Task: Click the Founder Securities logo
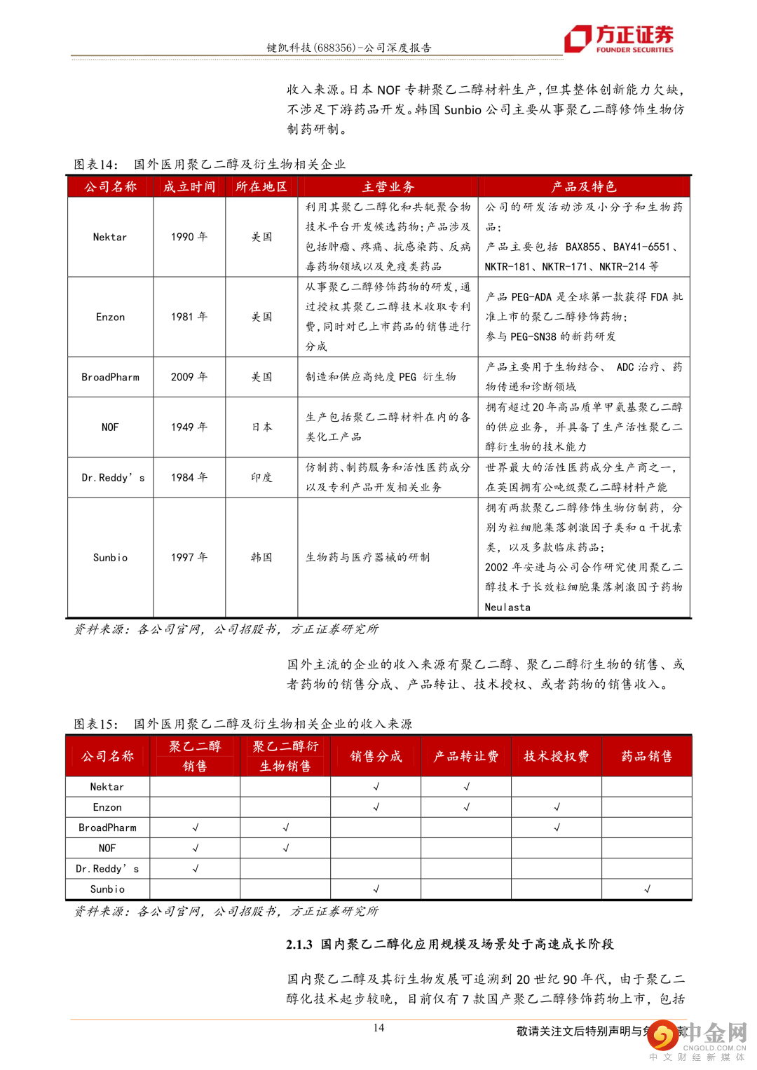pyautogui.click(x=619, y=39)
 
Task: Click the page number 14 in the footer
pyautogui.click(x=378, y=1027)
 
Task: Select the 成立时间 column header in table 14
pyautogui.click(x=189, y=186)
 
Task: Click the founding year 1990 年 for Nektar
pyautogui.click(x=189, y=237)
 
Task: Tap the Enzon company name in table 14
pyautogui.click(x=110, y=317)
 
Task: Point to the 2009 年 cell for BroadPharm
pyautogui.click(x=189, y=377)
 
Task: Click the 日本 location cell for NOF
pyautogui.click(x=261, y=427)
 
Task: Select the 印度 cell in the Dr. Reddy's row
pyautogui.click(x=261, y=477)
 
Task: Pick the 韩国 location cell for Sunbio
pyautogui.click(x=261, y=557)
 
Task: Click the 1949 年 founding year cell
pyautogui.click(x=189, y=427)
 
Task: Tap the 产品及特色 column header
pyautogui.click(x=584, y=186)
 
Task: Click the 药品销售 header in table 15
pyautogui.click(x=646, y=756)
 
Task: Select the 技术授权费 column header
pyautogui.click(x=557, y=756)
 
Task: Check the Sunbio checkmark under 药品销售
pyautogui.click(x=647, y=889)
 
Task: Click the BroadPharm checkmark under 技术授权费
pyautogui.click(x=557, y=828)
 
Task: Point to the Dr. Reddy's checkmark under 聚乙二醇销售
pyautogui.click(x=196, y=868)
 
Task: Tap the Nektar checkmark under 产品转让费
pyautogui.click(x=466, y=787)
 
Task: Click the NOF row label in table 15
pyautogui.click(x=107, y=848)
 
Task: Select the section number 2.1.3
pyautogui.click(x=299, y=945)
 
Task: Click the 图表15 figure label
pyautogui.click(x=96, y=724)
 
